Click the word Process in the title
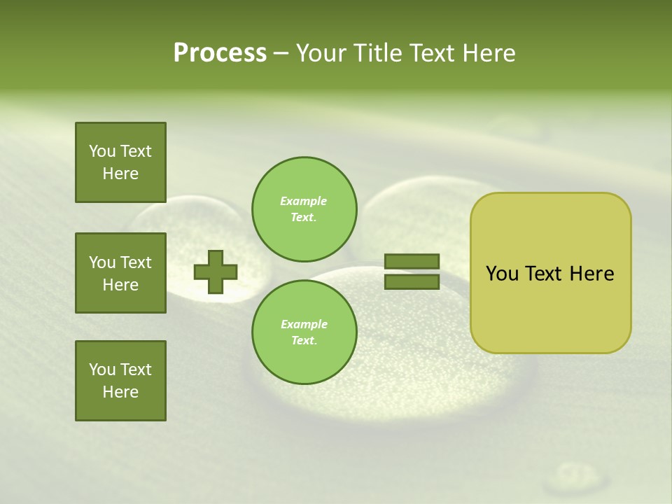tap(220, 53)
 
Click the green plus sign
tap(216, 272)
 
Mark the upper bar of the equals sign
tap(412, 261)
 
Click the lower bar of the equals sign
tap(412, 282)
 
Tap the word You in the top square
tap(101, 151)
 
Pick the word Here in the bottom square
tap(120, 392)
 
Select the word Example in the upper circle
tap(304, 201)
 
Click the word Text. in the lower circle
tap(304, 340)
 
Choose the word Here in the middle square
tap(120, 285)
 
